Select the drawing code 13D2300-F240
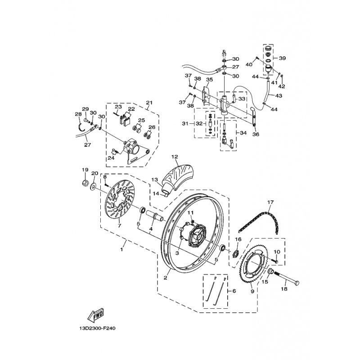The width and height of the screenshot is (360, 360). pos(97,328)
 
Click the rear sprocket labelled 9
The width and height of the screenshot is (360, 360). pos(253,264)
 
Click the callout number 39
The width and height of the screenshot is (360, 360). pos(282,58)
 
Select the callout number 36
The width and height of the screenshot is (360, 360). pos(256,134)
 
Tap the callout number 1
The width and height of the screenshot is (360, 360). pos(122,249)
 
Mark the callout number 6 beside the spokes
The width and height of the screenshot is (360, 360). pos(234,291)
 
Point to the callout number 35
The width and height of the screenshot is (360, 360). pos(209,80)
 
